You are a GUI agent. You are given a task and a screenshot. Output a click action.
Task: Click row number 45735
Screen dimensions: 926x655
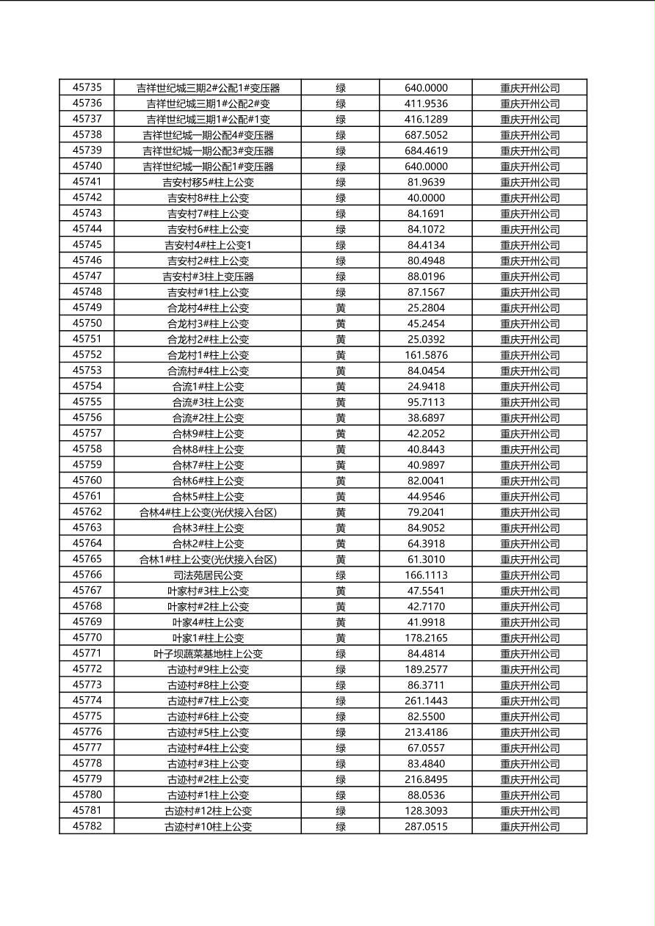click(87, 88)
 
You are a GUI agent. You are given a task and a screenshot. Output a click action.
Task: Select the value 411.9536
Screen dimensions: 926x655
click(426, 103)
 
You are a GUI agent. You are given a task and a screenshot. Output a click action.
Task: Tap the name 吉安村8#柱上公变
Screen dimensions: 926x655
click(208, 198)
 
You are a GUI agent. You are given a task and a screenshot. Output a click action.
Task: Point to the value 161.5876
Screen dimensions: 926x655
click(426, 355)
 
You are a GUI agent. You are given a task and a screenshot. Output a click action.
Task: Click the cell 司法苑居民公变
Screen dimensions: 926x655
click(208, 575)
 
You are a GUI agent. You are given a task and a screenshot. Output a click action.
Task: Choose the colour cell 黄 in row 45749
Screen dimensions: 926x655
click(341, 308)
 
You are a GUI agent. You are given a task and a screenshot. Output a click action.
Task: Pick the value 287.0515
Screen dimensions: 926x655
click(426, 826)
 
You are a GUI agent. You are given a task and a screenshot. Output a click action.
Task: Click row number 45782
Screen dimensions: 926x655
click(87, 826)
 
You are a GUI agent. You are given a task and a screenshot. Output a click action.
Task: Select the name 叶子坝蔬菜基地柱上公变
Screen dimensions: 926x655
click(208, 654)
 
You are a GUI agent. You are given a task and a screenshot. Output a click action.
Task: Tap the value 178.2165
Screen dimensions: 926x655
click(426, 638)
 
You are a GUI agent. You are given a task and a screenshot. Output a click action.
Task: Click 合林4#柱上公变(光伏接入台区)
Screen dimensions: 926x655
click(208, 512)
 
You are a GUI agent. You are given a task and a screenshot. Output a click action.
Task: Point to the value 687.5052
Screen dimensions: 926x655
click(426, 135)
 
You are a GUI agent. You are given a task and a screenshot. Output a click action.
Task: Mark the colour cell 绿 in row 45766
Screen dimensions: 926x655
click(341, 575)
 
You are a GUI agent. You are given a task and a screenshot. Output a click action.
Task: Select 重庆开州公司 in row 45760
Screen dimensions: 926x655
click(529, 481)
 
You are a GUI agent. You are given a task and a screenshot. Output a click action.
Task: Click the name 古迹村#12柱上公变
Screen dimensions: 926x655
click(208, 811)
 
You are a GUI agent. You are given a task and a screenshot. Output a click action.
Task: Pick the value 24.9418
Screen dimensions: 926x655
click(426, 387)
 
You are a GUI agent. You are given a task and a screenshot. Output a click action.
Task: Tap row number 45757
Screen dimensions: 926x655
click(87, 434)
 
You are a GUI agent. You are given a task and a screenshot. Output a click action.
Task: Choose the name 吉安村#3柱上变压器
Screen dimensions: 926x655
click(208, 277)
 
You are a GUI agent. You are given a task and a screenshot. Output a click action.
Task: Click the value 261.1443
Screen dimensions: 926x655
click(426, 701)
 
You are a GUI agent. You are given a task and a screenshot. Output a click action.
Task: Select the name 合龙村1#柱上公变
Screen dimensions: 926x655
click(208, 355)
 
